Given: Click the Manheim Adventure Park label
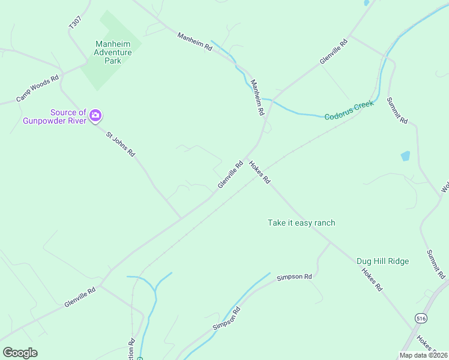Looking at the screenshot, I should click(x=112, y=52).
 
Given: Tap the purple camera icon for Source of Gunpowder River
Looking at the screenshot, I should click(x=95, y=115).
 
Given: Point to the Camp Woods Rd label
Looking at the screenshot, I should click(x=37, y=88).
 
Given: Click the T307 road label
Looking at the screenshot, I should click(x=74, y=23).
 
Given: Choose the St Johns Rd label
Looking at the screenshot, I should click(x=120, y=145).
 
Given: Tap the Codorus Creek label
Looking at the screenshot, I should click(x=349, y=110).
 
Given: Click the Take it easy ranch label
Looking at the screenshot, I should click(x=301, y=223).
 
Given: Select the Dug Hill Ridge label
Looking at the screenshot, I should click(x=382, y=261).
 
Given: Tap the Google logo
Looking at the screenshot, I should click(x=20, y=352).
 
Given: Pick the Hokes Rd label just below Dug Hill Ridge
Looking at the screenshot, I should click(x=372, y=279).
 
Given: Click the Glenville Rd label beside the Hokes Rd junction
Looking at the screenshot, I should click(x=230, y=174).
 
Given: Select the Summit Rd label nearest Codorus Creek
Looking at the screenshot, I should click(x=397, y=110).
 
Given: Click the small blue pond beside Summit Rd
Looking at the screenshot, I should click(x=405, y=156).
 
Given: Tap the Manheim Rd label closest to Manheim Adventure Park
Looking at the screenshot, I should click(x=195, y=41).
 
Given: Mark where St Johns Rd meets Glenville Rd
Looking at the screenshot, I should click(x=181, y=217).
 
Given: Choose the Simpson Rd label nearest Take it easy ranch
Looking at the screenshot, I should click(x=294, y=277).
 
